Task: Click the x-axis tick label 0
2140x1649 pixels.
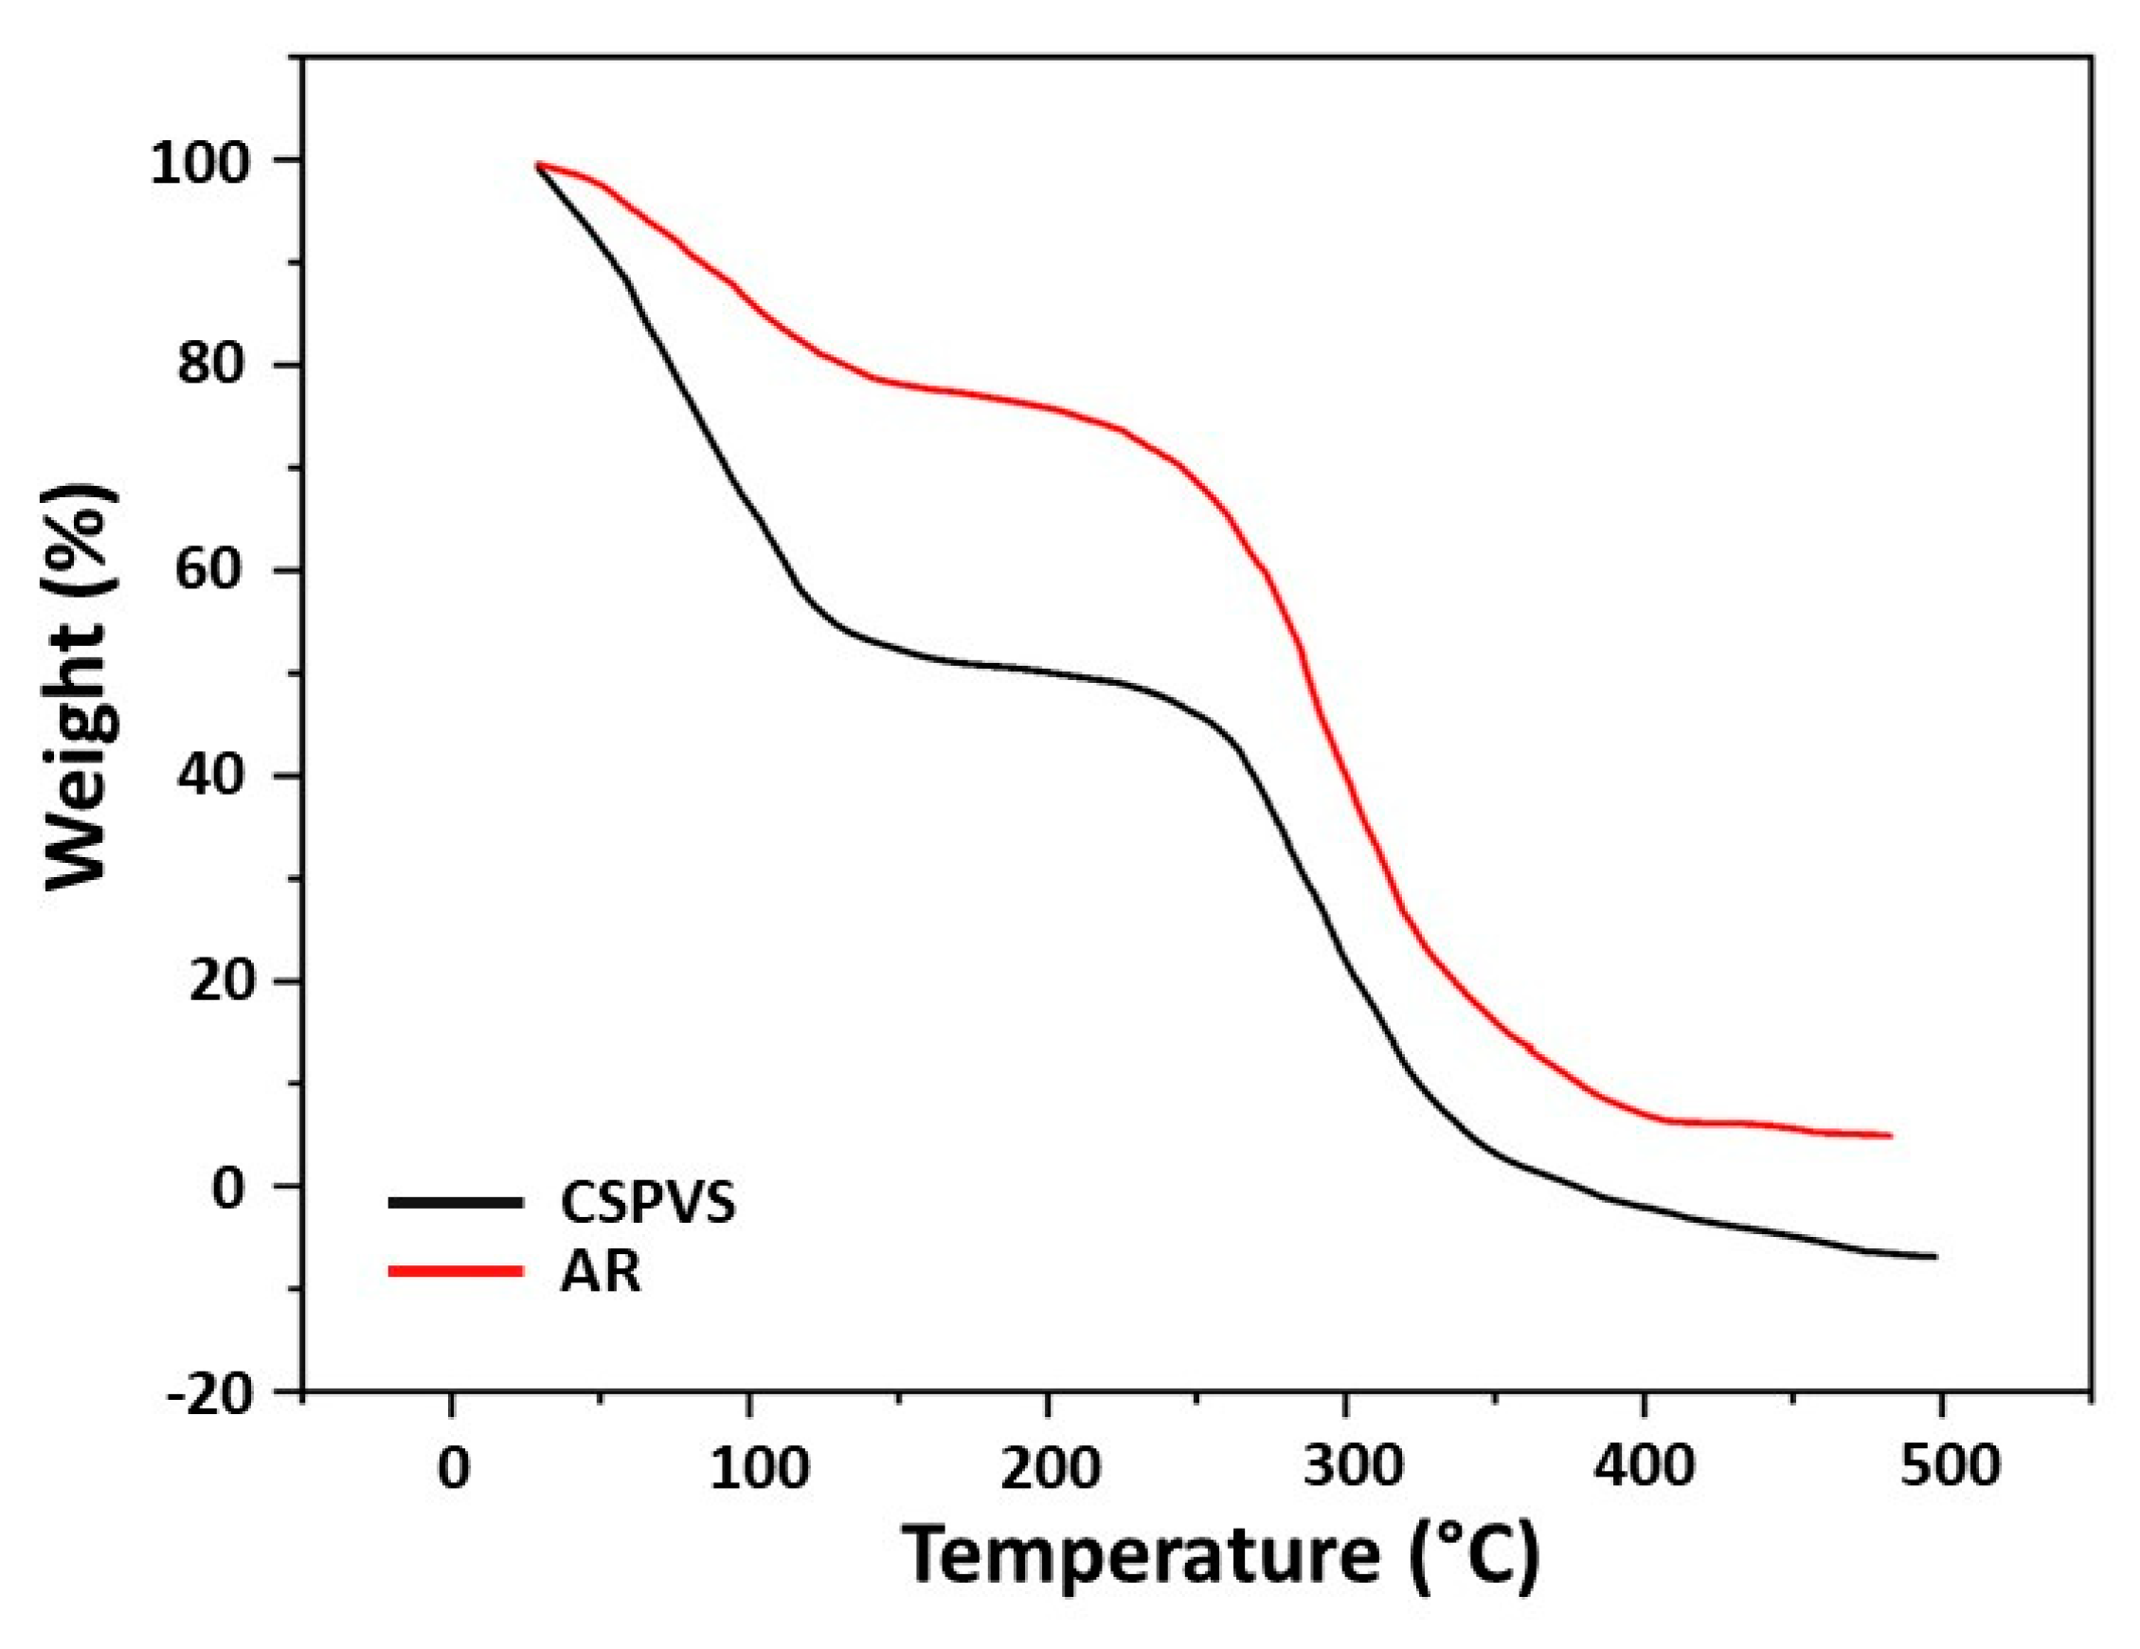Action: pyautogui.click(x=452, y=1467)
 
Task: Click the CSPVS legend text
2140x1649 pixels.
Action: pyautogui.click(x=647, y=1203)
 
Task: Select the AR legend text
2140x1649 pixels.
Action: pyautogui.click(x=601, y=1273)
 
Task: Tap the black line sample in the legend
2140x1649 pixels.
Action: pyautogui.click(x=456, y=1202)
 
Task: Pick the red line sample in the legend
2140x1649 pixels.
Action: pyautogui.click(x=456, y=1272)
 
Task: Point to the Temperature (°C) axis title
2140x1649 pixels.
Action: pyautogui.click(x=1221, y=1556)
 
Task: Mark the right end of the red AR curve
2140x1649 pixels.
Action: pyautogui.click(x=1889, y=1136)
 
